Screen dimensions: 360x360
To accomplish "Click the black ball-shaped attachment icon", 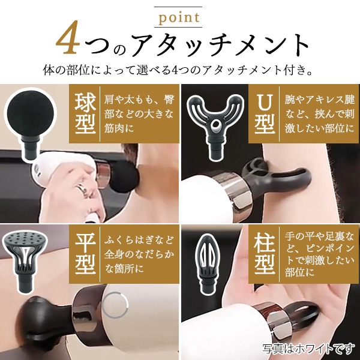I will click(30, 117).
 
